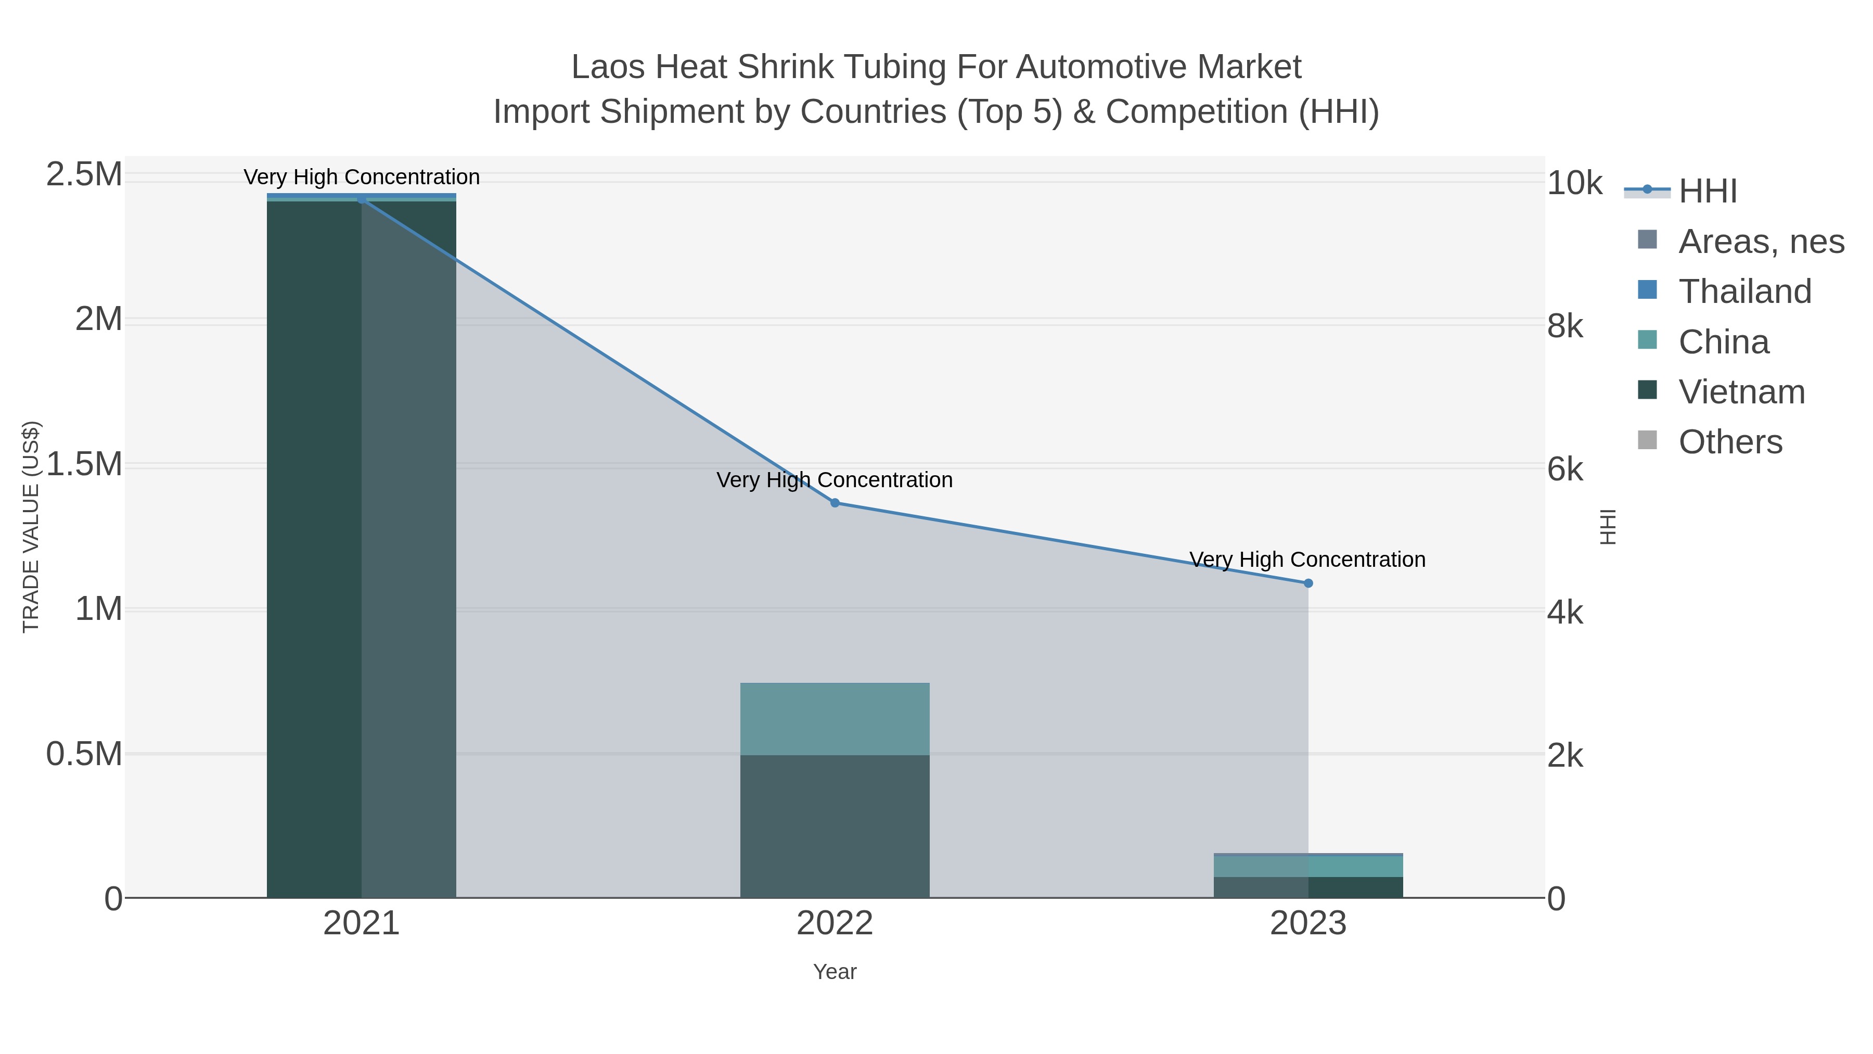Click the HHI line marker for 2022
835,503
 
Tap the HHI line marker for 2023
1308,582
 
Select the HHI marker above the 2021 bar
362,199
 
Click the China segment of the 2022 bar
835,719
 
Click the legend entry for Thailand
1745,291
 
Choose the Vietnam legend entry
1741,391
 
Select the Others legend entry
1730,441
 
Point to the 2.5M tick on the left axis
84,174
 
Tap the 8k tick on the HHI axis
1564,326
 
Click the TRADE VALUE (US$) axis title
31,527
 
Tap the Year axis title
835,972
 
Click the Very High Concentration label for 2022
835,480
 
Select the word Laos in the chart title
609,67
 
